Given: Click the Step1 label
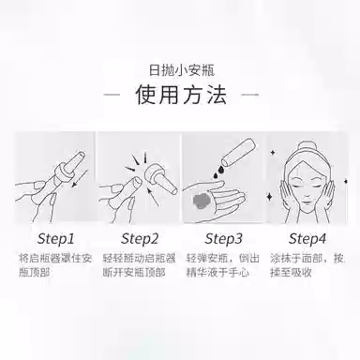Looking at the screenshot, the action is pos(55,239).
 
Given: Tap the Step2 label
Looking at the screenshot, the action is pos(140,239).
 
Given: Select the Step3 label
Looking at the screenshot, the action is pos(224,239).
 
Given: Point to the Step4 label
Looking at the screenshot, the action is pos(307,239).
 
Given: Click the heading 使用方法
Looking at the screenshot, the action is pos(181,95).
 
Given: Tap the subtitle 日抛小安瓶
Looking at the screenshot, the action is pos(182,70).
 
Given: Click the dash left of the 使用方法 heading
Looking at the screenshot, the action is pos(112,95).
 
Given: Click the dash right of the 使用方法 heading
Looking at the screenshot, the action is pos(250,95).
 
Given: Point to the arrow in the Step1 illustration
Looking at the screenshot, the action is pos(80,179).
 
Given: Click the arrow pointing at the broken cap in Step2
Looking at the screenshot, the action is pos(153,196).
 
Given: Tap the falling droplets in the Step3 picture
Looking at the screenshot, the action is pos(218,172).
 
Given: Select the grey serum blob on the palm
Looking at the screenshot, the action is pos(202,201).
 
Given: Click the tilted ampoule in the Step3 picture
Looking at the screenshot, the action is pos(239,153).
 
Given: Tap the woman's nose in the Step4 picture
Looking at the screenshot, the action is pos(307,195).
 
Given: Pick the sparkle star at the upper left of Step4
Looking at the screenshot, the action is pos(273,153).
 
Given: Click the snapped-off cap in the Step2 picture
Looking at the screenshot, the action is pos(160,177).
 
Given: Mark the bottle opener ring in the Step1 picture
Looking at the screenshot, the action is pos(63,172).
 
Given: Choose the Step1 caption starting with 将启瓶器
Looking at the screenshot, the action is pos(55,265).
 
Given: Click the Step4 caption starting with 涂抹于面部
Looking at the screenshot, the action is pos(307,265).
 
